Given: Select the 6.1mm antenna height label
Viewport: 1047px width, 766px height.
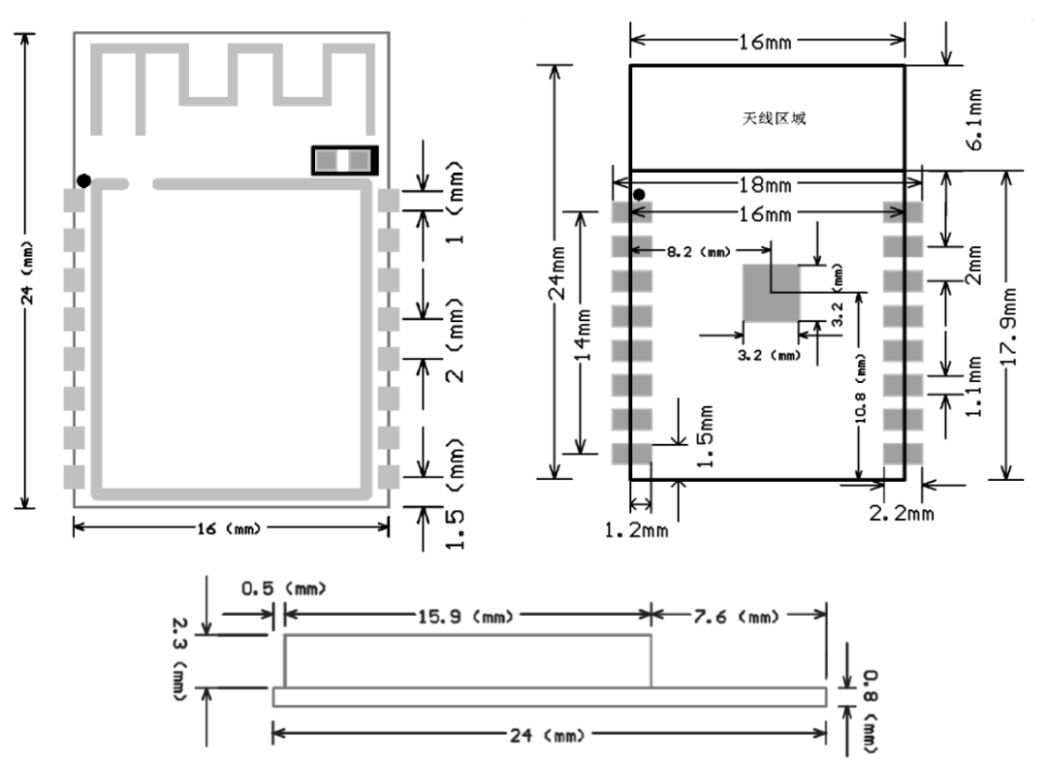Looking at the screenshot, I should (x=976, y=119).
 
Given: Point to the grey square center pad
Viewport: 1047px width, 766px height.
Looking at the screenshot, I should (x=771, y=293).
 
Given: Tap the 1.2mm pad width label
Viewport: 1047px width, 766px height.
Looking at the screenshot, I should (x=635, y=530).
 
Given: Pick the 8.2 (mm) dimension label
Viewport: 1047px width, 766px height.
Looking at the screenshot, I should (x=698, y=251).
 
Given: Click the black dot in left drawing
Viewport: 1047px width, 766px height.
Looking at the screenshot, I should (x=84, y=180).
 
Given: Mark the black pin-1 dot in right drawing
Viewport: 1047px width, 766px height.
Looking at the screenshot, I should (x=639, y=196).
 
